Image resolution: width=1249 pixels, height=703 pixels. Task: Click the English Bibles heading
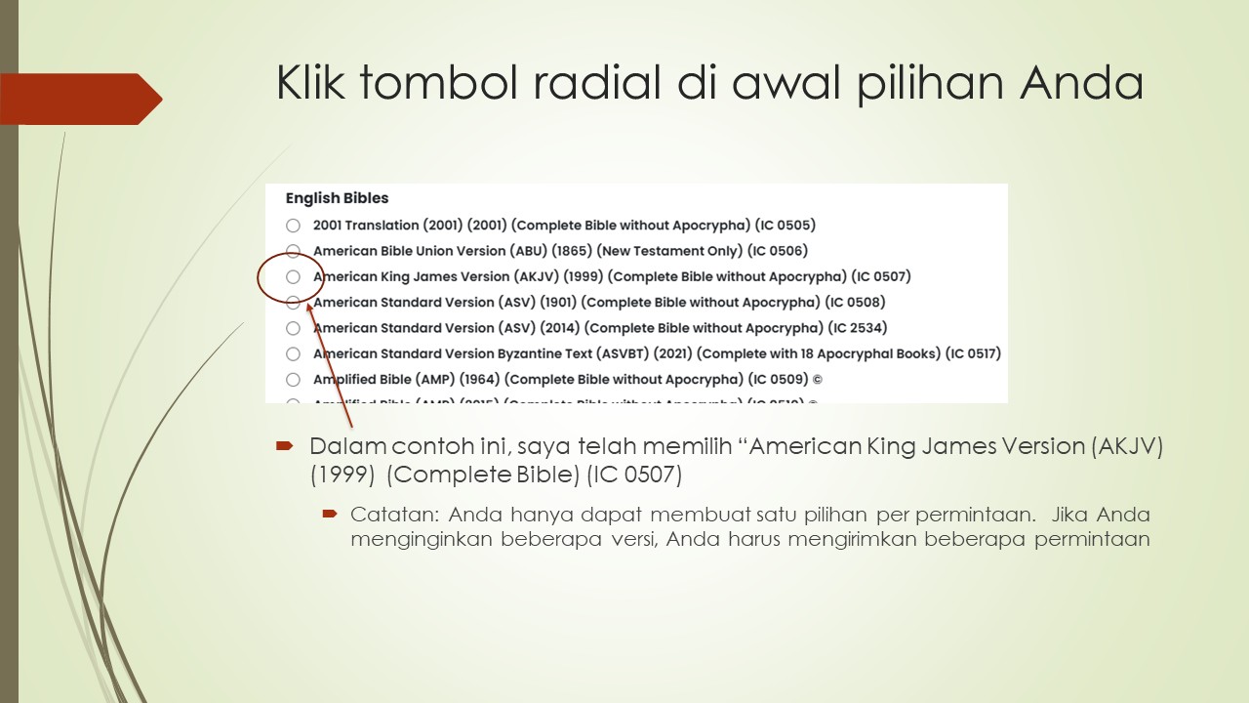[337, 198]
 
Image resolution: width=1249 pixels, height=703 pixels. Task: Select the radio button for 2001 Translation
[293, 226]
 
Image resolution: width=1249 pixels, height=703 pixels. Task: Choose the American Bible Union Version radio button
[293, 251]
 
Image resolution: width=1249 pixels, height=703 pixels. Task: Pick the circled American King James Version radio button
[293, 277]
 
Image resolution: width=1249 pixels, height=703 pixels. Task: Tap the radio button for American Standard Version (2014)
[293, 328]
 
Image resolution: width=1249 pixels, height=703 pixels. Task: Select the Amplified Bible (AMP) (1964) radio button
[293, 380]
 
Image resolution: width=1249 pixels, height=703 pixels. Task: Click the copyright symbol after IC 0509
[818, 380]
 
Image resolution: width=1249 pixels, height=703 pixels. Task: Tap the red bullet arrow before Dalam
[284, 446]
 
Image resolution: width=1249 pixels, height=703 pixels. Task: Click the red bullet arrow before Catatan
[330, 514]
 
